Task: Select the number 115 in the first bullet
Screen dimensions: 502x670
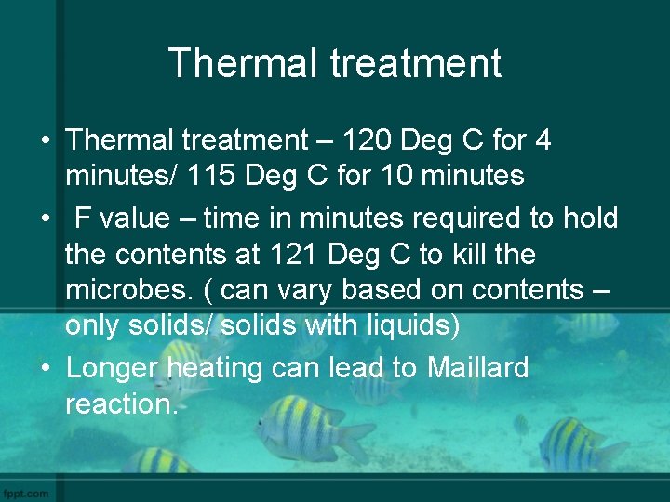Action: coord(229,175)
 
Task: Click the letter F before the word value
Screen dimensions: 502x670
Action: coord(84,218)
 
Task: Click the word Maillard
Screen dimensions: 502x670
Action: coord(477,368)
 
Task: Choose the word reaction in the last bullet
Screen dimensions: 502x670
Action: coord(121,403)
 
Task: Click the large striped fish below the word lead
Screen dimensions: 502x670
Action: coord(307,429)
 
